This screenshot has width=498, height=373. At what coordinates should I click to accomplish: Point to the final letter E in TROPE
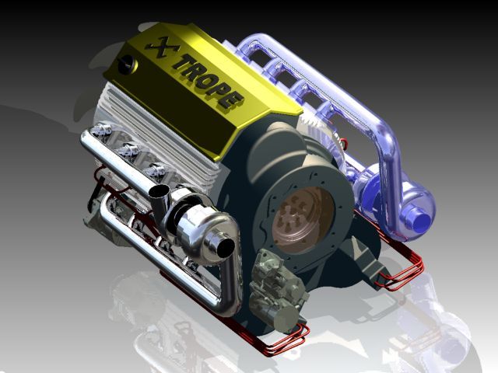click(233, 101)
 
